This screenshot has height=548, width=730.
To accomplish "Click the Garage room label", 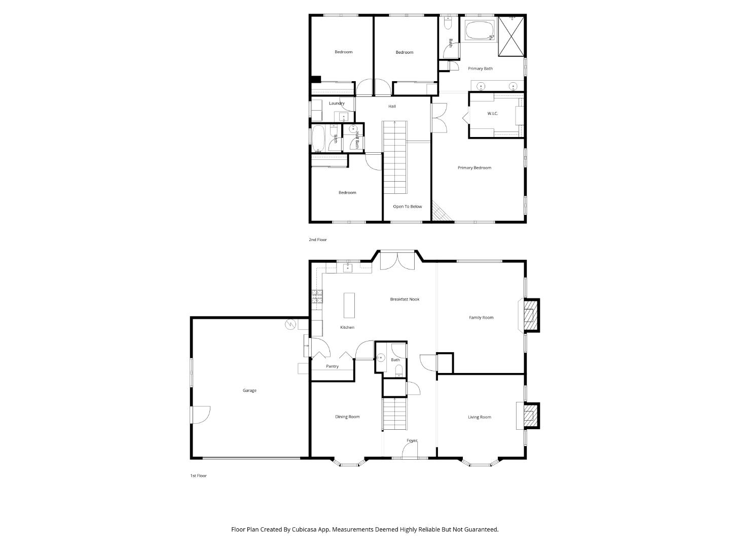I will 249,390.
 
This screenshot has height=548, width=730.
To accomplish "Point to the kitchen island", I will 349,305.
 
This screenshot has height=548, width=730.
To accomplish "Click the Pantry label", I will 332,366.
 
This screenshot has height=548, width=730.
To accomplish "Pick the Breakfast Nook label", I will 405,299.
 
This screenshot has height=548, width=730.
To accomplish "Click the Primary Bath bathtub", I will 479,30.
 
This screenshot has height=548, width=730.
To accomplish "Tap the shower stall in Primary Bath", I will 512,36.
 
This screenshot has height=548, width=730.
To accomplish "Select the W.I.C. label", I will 492,114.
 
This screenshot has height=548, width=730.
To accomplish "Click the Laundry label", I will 337,104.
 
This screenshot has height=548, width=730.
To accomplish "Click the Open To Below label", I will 407,207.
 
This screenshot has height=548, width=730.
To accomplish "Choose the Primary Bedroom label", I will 474,168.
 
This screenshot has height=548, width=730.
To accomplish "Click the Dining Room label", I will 347,417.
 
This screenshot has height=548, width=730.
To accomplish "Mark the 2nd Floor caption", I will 318,239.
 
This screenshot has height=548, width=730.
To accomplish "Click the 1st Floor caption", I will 199,476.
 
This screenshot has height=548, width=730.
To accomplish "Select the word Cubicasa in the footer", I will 305,529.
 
